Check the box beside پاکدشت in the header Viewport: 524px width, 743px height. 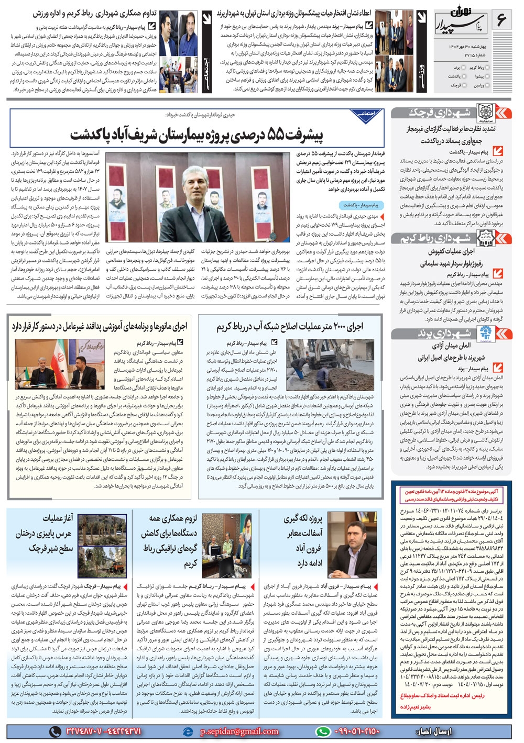tap(464, 76)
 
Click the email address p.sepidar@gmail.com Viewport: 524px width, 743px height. tap(239, 731)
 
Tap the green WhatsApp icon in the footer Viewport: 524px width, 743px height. tap(323, 731)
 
